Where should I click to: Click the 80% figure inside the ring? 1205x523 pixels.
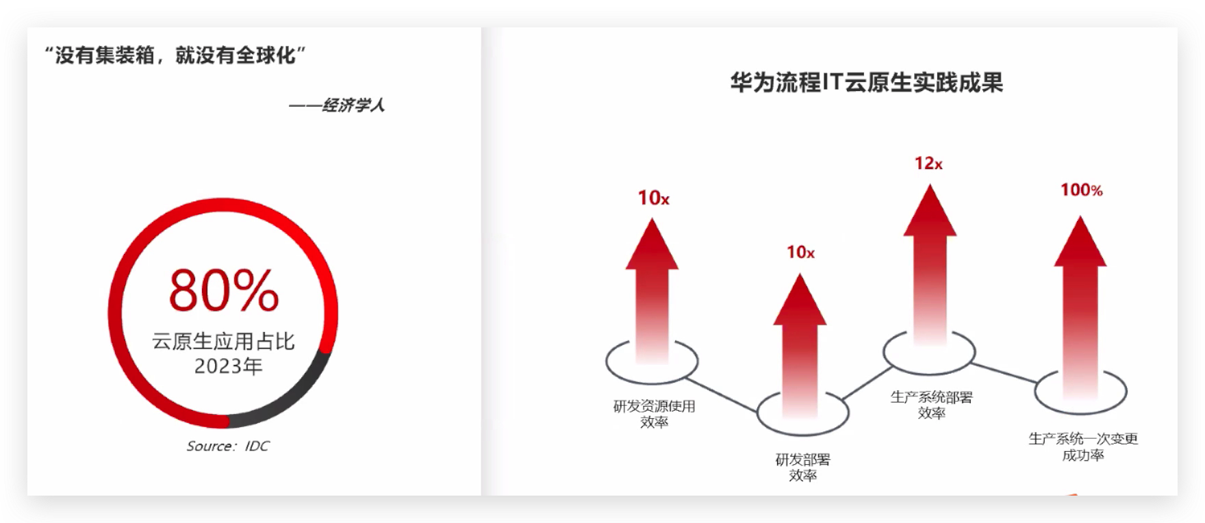tap(224, 291)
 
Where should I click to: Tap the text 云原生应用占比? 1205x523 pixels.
tap(224, 341)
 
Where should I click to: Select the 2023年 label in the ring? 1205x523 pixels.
tap(229, 366)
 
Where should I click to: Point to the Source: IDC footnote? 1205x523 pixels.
tap(228, 446)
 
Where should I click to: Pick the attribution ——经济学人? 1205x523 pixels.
tap(337, 105)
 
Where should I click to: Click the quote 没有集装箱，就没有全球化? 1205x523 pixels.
tap(175, 55)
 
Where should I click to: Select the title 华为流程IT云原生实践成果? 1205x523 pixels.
tap(866, 83)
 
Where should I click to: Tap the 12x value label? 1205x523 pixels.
tap(928, 164)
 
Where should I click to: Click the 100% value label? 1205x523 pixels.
tap(1081, 190)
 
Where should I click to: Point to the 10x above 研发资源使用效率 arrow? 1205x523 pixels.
tap(653, 199)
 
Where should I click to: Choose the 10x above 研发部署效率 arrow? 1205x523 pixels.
tap(800, 253)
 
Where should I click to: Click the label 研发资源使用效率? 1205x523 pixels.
tap(654, 414)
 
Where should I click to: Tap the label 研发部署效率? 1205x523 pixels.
tap(802, 468)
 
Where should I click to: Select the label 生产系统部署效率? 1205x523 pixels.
tap(931, 405)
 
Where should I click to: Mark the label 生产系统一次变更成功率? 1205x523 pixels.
tap(1082, 447)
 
